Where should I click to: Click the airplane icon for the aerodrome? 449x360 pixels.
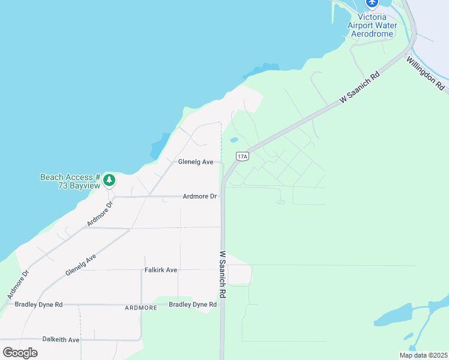click(x=372, y=4)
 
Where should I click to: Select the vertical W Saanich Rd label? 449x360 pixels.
click(x=222, y=274)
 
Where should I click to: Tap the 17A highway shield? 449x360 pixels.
click(x=242, y=157)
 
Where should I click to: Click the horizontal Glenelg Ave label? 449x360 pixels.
click(x=196, y=162)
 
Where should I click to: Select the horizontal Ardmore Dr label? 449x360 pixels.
click(x=200, y=196)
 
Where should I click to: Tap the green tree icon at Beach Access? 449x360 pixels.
click(x=109, y=179)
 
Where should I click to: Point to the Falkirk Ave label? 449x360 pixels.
click(x=161, y=270)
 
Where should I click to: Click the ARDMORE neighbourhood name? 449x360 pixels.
click(x=140, y=308)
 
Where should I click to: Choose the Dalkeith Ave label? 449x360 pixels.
click(x=61, y=340)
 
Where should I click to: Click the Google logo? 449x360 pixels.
click(x=20, y=353)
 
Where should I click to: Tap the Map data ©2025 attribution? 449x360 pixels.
click(x=423, y=355)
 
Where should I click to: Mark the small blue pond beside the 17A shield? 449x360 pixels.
click(x=234, y=140)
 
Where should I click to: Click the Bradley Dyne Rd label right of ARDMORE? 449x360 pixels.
click(x=192, y=305)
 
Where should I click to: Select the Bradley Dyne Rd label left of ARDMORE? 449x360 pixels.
click(x=38, y=305)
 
